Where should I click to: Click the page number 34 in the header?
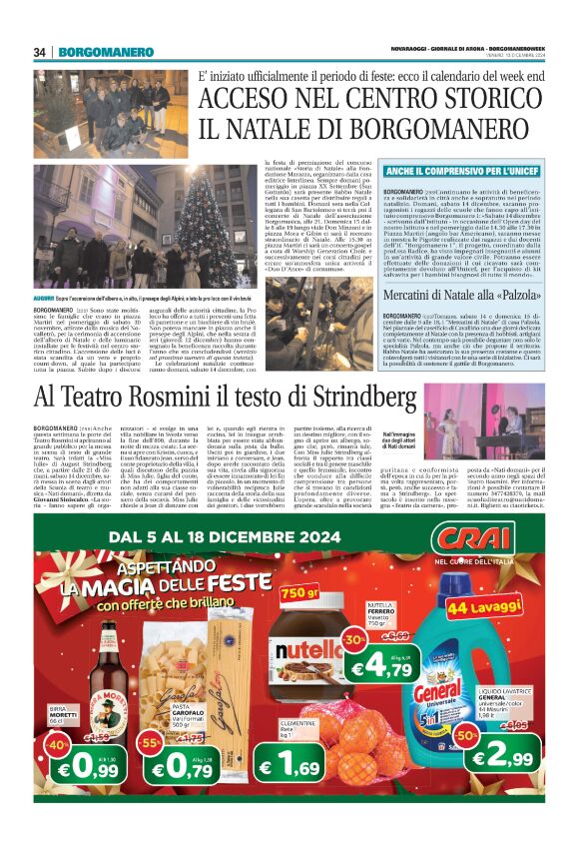[41, 51]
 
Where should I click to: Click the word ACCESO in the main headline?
[254, 99]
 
